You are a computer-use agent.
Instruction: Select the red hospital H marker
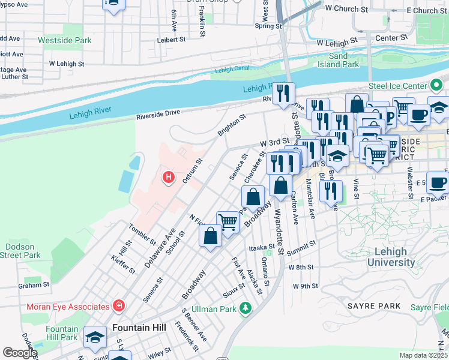pyautogui.click(x=169, y=178)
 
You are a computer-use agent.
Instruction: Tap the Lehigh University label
pyautogui.click(x=391, y=257)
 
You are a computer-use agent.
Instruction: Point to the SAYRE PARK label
pyautogui.click(x=373, y=306)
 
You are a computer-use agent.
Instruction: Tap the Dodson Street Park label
pyautogui.click(x=20, y=251)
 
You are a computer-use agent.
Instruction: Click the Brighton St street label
pyautogui.click(x=232, y=126)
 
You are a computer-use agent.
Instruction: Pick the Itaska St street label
pyautogui.click(x=262, y=248)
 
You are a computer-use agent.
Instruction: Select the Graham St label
pyautogui.click(x=33, y=286)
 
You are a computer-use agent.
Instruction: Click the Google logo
pyautogui.click(x=20, y=353)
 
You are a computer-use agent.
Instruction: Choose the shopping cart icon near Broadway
pyautogui.click(x=228, y=222)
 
